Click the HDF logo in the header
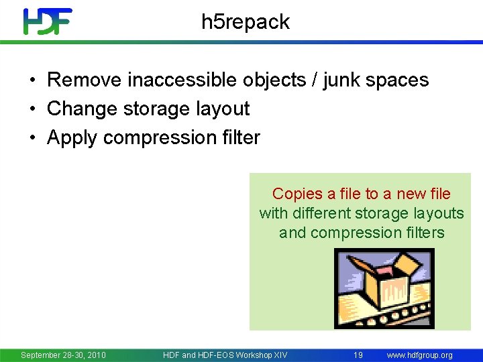[x=47, y=21]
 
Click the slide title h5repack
[x=246, y=22]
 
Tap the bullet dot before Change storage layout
[x=32, y=109]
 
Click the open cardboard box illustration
[x=384, y=288]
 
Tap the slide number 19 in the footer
[x=358, y=355]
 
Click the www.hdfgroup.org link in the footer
[x=419, y=355]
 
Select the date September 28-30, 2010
[x=63, y=355]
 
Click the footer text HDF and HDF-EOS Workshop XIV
[x=225, y=355]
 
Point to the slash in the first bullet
[x=313, y=80]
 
